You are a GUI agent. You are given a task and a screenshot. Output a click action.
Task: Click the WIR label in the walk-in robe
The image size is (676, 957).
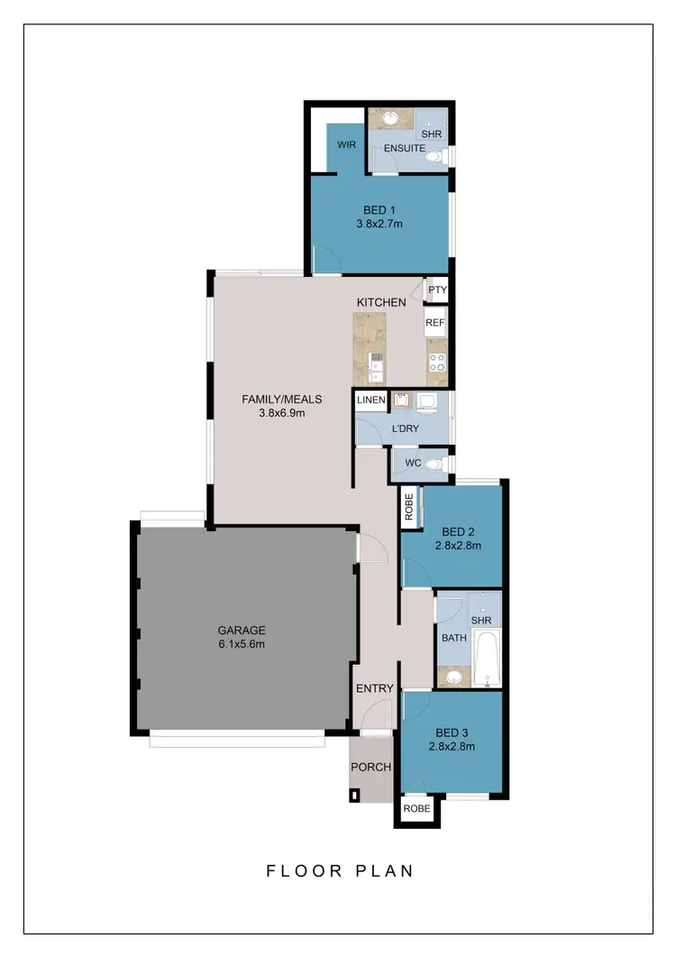(x=347, y=144)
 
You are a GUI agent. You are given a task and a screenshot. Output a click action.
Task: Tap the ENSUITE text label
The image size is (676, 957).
(x=405, y=148)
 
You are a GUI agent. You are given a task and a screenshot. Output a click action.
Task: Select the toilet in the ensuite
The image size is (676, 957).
(x=435, y=157)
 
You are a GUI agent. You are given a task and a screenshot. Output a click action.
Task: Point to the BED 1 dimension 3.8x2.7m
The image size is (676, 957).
(x=379, y=228)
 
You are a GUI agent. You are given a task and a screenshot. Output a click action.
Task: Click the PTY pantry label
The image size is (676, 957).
(x=437, y=290)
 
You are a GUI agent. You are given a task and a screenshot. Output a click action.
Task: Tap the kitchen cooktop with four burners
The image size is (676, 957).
(x=437, y=363)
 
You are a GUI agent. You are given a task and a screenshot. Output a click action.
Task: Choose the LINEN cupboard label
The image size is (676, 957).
(x=371, y=400)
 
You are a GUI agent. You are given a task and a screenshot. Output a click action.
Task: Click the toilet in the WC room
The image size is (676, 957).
(x=434, y=465)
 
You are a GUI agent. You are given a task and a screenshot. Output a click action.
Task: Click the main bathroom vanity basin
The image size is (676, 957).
(x=454, y=676)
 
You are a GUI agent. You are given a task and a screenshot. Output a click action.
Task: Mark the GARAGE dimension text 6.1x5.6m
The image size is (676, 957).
(x=241, y=644)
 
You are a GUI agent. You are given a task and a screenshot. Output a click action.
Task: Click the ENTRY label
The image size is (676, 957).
(x=374, y=688)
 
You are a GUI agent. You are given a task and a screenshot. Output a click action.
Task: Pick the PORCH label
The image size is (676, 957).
(x=370, y=768)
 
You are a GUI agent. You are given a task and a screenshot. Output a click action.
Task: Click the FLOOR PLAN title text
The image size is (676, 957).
(x=340, y=870)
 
